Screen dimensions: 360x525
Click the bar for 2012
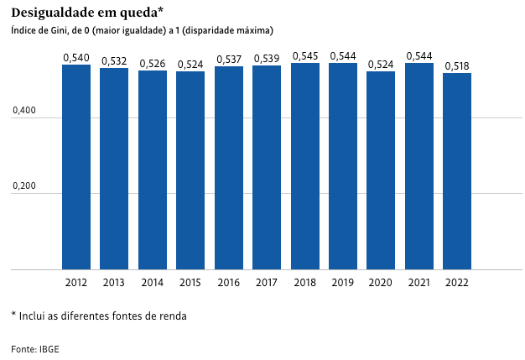pyautogui.click(x=76, y=167)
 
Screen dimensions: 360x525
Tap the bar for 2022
pyautogui.click(x=457, y=171)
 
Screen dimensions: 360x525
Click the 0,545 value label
pyautogui.click(x=305, y=55)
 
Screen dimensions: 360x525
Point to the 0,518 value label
pyautogui.click(x=457, y=65)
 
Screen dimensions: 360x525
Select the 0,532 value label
pyautogui.click(x=114, y=60)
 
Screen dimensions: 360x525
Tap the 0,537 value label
pyautogui.click(x=229, y=59)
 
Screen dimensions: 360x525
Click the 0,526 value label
pyautogui.click(x=153, y=63)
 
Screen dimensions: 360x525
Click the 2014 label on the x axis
pyautogui.click(x=153, y=283)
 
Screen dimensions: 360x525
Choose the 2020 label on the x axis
pyautogui.click(x=381, y=283)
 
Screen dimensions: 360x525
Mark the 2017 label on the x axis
pyautogui.click(x=267, y=283)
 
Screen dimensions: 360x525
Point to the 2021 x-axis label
pyautogui.click(x=419, y=283)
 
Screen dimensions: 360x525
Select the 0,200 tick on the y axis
pyautogui.click(x=24, y=186)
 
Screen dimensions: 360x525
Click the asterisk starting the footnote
pyautogui.click(x=13, y=316)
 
